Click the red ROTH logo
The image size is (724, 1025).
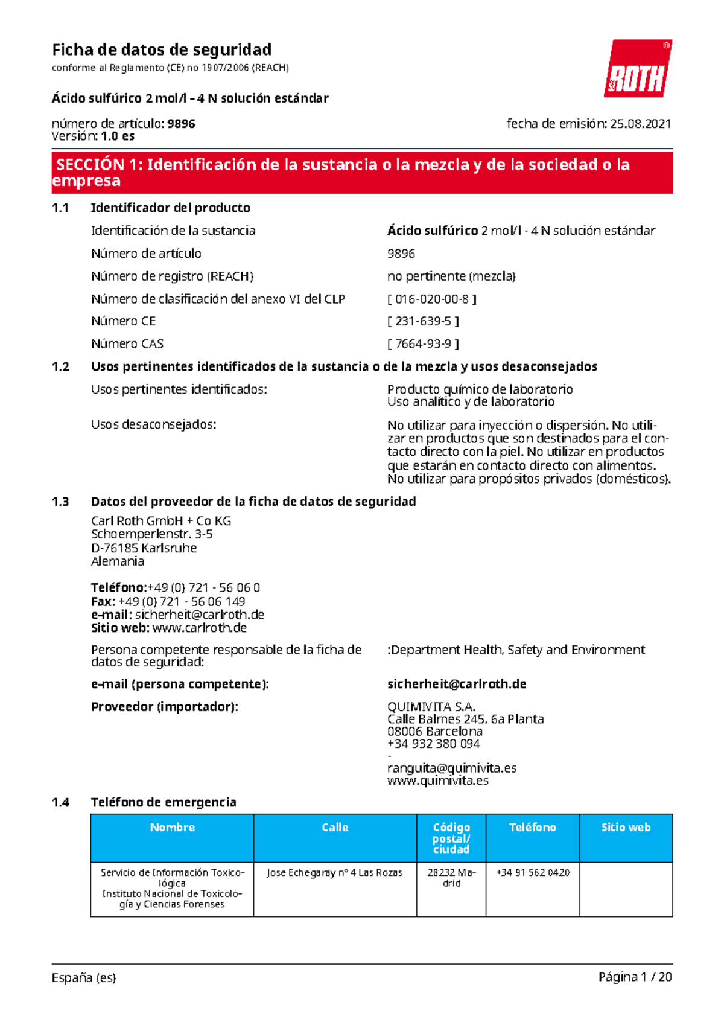tap(638, 69)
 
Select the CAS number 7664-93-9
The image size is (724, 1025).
tap(423, 344)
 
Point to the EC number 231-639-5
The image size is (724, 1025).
tap(423, 321)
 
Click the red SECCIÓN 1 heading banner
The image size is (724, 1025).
tap(362, 173)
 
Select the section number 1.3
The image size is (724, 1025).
tap(60, 502)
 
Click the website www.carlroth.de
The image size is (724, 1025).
tap(200, 628)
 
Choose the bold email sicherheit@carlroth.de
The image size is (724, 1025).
tap(457, 684)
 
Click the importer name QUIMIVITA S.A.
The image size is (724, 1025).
tap(431, 706)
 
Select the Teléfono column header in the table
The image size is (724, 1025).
tap(532, 828)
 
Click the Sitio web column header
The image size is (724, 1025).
tap(626, 828)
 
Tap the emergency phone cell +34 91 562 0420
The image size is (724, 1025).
tap(533, 872)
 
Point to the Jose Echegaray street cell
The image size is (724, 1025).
tap(334, 872)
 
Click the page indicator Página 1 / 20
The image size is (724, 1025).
tap(635, 977)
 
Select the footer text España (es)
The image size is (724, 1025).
tap(84, 977)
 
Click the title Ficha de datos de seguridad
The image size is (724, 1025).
tap(162, 49)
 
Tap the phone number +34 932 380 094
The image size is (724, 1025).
tap(434, 744)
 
